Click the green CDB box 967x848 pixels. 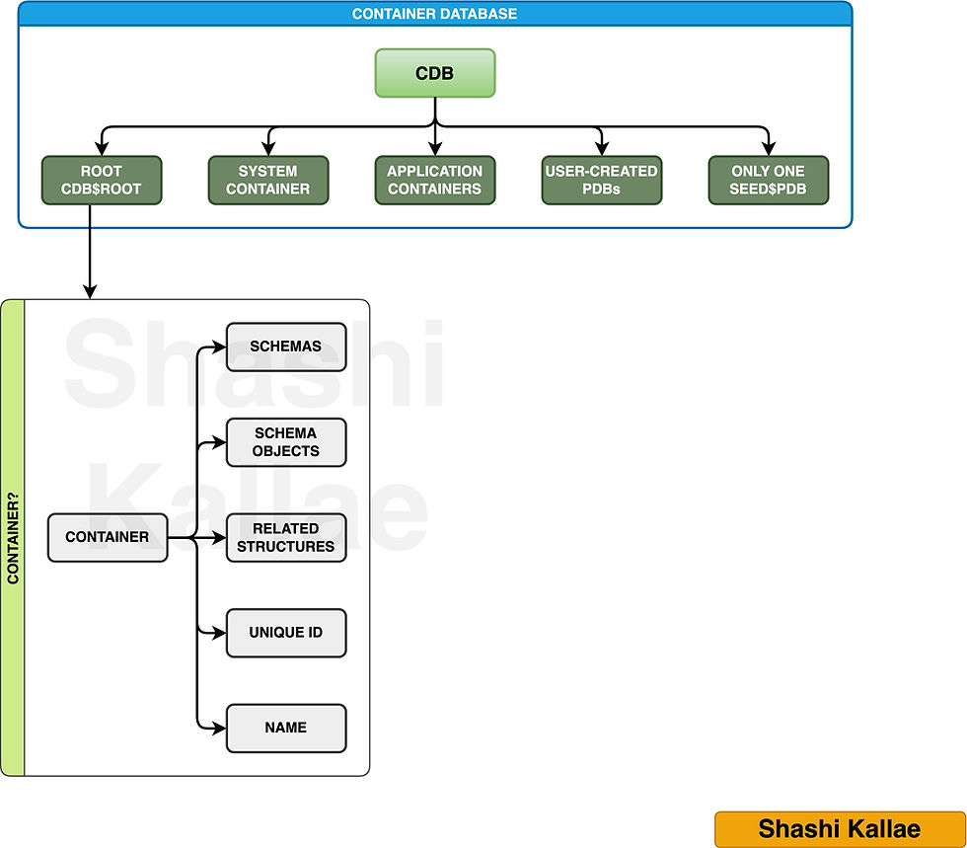tap(434, 73)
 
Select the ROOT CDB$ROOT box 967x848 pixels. tap(102, 180)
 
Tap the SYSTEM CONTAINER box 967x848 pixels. tap(268, 180)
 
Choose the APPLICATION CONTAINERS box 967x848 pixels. tap(434, 180)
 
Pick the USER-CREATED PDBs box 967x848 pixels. tap(601, 180)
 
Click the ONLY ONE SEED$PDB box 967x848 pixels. tap(768, 180)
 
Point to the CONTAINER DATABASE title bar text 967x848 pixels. tap(434, 14)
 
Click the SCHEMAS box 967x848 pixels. tap(286, 347)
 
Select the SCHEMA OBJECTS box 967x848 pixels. tap(286, 442)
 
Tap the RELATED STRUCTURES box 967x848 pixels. tap(286, 537)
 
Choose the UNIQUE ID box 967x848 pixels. tap(286, 633)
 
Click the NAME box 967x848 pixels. tap(286, 728)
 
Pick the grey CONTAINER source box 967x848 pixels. tap(108, 537)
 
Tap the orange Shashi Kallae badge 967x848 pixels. tap(839, 829)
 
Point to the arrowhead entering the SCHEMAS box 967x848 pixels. tap(220, 347)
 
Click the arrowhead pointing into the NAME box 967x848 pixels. tap(220, 728)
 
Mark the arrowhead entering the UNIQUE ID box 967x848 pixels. tap(220, 633)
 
